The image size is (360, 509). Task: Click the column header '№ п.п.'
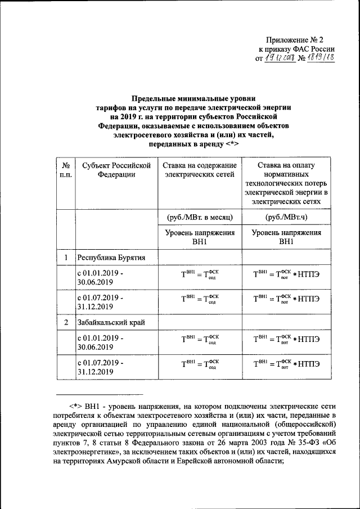point(65,170)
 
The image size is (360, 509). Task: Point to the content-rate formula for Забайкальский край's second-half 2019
point(199,363)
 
